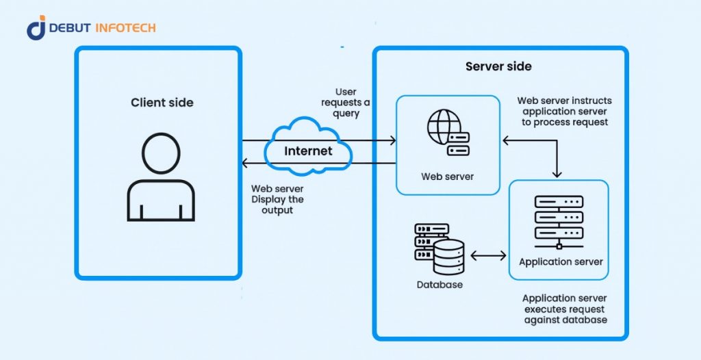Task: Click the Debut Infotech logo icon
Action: [x=36, y=27]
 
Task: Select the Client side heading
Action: [x=162, y=103]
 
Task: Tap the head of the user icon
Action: [x=161, y=152]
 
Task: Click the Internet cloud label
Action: [x=308, y=151]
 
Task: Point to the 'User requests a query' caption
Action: [x=346, y=103]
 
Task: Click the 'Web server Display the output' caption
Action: [x=277, y=199]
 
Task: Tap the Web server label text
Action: [x=447, y=177]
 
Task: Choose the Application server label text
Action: [x=561, y=261]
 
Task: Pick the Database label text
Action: [x=439, y=284]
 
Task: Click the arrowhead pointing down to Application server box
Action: [x=559, y=173]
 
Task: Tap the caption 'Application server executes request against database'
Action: [x=564, y=309]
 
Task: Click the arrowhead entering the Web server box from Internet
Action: [x=392, y=140]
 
